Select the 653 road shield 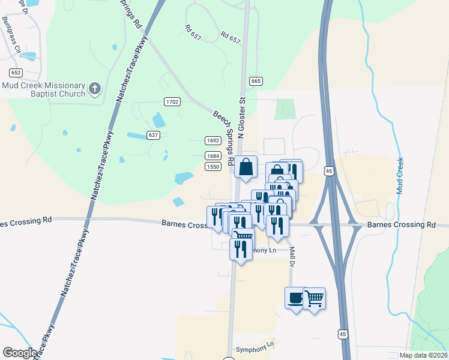click(x=16, y=73)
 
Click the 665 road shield click(x=256, y=81)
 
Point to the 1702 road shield click(x=172, y=102)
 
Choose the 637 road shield click(x=154, y=136)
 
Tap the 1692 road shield click(x=212, y=140)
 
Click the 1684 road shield click(x=212, y=155)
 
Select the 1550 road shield click(x=212, y=166)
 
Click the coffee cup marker click(x=296, y=298)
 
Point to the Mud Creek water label click(x=399, y=175)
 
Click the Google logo click(x=20, y=352)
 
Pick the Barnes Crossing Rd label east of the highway click(x=401, y=224)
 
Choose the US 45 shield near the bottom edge click(x=342, y=334)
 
